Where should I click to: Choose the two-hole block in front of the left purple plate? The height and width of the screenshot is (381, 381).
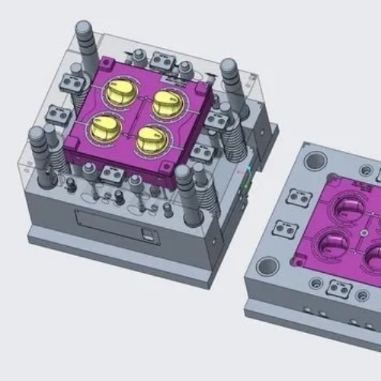[112, 176]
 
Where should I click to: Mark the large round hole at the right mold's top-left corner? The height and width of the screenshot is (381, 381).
[315, 161]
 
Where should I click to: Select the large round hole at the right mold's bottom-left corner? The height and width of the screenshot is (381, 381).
[267, 266]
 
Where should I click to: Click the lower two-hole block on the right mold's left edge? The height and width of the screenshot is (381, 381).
[283, 228]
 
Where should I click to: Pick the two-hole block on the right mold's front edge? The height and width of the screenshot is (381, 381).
[338, 289]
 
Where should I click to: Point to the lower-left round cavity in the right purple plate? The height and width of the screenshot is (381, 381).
[333, 244]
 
